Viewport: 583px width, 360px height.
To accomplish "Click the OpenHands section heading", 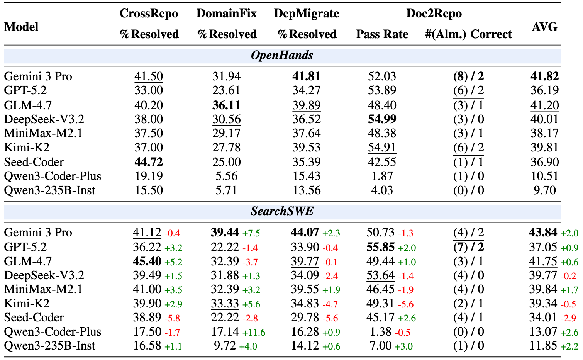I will click(x=282, y=55).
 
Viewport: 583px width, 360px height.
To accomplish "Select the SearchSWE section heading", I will click(x=282, y=211).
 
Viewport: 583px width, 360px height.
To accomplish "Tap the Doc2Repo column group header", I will click(x=434, y=14).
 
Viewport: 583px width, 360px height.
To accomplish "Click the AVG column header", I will click(x=544, y=27).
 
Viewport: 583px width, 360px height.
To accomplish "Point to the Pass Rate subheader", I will click(x=382, y=34).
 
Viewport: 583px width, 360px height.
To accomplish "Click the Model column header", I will click(x=21, y=27).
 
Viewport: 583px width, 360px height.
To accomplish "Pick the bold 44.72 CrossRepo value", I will click(x=149, y=162).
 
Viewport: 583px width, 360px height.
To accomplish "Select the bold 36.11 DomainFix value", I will click(x=226, y=105).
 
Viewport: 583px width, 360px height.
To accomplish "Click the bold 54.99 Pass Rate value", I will click(x=382, y=119).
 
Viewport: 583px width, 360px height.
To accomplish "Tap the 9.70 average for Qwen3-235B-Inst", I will click(x=544, y=190).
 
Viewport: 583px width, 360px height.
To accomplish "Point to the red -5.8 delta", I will click(x=172, y=318).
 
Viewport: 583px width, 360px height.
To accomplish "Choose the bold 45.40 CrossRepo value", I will click(x=147, y=262).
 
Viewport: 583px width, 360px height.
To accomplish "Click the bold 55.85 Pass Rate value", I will click(x=380, y=247).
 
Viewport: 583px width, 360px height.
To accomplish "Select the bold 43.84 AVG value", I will click(x=543, y=233).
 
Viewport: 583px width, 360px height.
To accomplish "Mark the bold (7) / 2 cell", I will click(x=468, y=247).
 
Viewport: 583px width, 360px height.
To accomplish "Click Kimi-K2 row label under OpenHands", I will click(x=27, y=148).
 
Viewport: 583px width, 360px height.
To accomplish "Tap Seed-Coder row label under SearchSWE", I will click(x=34, y=318).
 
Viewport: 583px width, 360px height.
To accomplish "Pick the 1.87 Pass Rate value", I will click(x=382, y=176).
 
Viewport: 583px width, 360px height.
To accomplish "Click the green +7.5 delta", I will click(x=251, y=233).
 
